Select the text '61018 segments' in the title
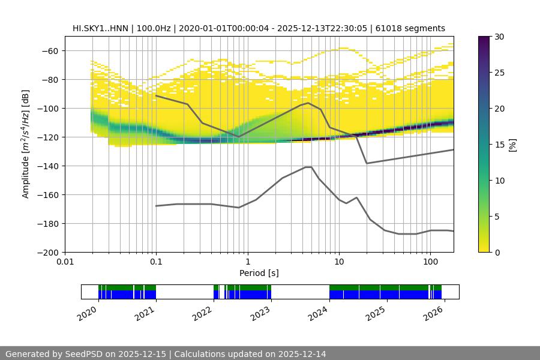pos(415,28)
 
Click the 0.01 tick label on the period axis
pos(65,262)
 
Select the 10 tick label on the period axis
pos(338,262)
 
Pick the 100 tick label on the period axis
pos(430,262)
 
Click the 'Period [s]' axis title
pos(259,273)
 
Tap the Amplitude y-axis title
pos(26,144)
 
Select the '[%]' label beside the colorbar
pos(512,145)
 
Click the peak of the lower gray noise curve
pos(308,167)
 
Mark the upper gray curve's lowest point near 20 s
pos(367,163)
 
